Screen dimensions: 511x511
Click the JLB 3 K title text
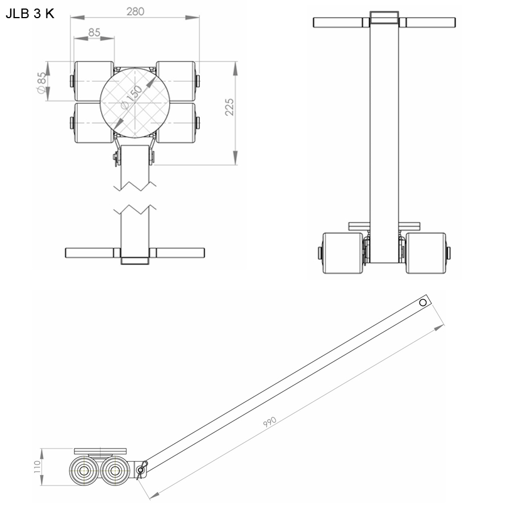[30, 14]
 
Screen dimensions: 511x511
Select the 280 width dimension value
[135, 11]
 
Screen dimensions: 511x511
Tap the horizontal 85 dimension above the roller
[94, 33]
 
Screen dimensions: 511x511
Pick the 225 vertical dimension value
[229, 106]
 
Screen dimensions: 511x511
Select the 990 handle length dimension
[270, 421]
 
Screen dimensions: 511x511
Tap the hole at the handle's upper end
[422, 303]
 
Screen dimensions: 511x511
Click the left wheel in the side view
[85, 471]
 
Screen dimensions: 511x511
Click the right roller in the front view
[426, 253]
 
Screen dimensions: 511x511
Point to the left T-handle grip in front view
[339, 23]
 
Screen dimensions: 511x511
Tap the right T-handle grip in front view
[430, 23]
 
